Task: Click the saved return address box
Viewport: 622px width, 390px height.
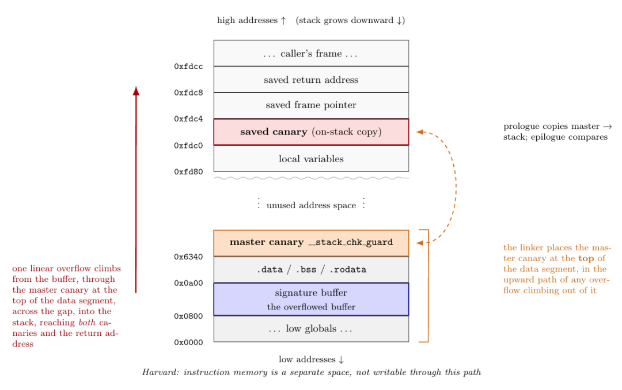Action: coord(311,79)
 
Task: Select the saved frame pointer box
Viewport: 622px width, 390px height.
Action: coord(311,105)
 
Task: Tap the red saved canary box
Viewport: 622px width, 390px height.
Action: coord(311,132)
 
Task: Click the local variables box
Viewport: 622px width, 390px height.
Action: coord(311,159)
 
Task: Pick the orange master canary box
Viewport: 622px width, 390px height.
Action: coord(311,243)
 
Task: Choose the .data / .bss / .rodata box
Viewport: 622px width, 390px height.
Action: coord(311,270)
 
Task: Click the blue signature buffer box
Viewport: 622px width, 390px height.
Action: coord(311,299)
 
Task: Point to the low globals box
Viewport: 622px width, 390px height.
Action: coord(311,328)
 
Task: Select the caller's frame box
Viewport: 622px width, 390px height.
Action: coord(311,53)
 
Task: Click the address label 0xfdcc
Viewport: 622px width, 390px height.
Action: coord(188,67)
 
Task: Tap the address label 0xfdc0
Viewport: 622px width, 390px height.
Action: coord(188,146)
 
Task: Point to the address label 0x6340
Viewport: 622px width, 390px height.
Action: coord(188,257)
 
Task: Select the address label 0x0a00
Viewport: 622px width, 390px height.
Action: coord(188,284)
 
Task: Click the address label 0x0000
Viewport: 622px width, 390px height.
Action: coord(188,342)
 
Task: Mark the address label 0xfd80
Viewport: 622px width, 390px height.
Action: coord(188,172)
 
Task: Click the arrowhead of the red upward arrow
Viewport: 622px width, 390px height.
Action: coord(136,91)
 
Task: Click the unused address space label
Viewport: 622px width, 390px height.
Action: coord(312,205)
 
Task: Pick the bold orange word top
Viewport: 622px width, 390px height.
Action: coord(586,259)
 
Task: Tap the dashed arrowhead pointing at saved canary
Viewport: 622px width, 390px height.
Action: coord(420,132)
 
